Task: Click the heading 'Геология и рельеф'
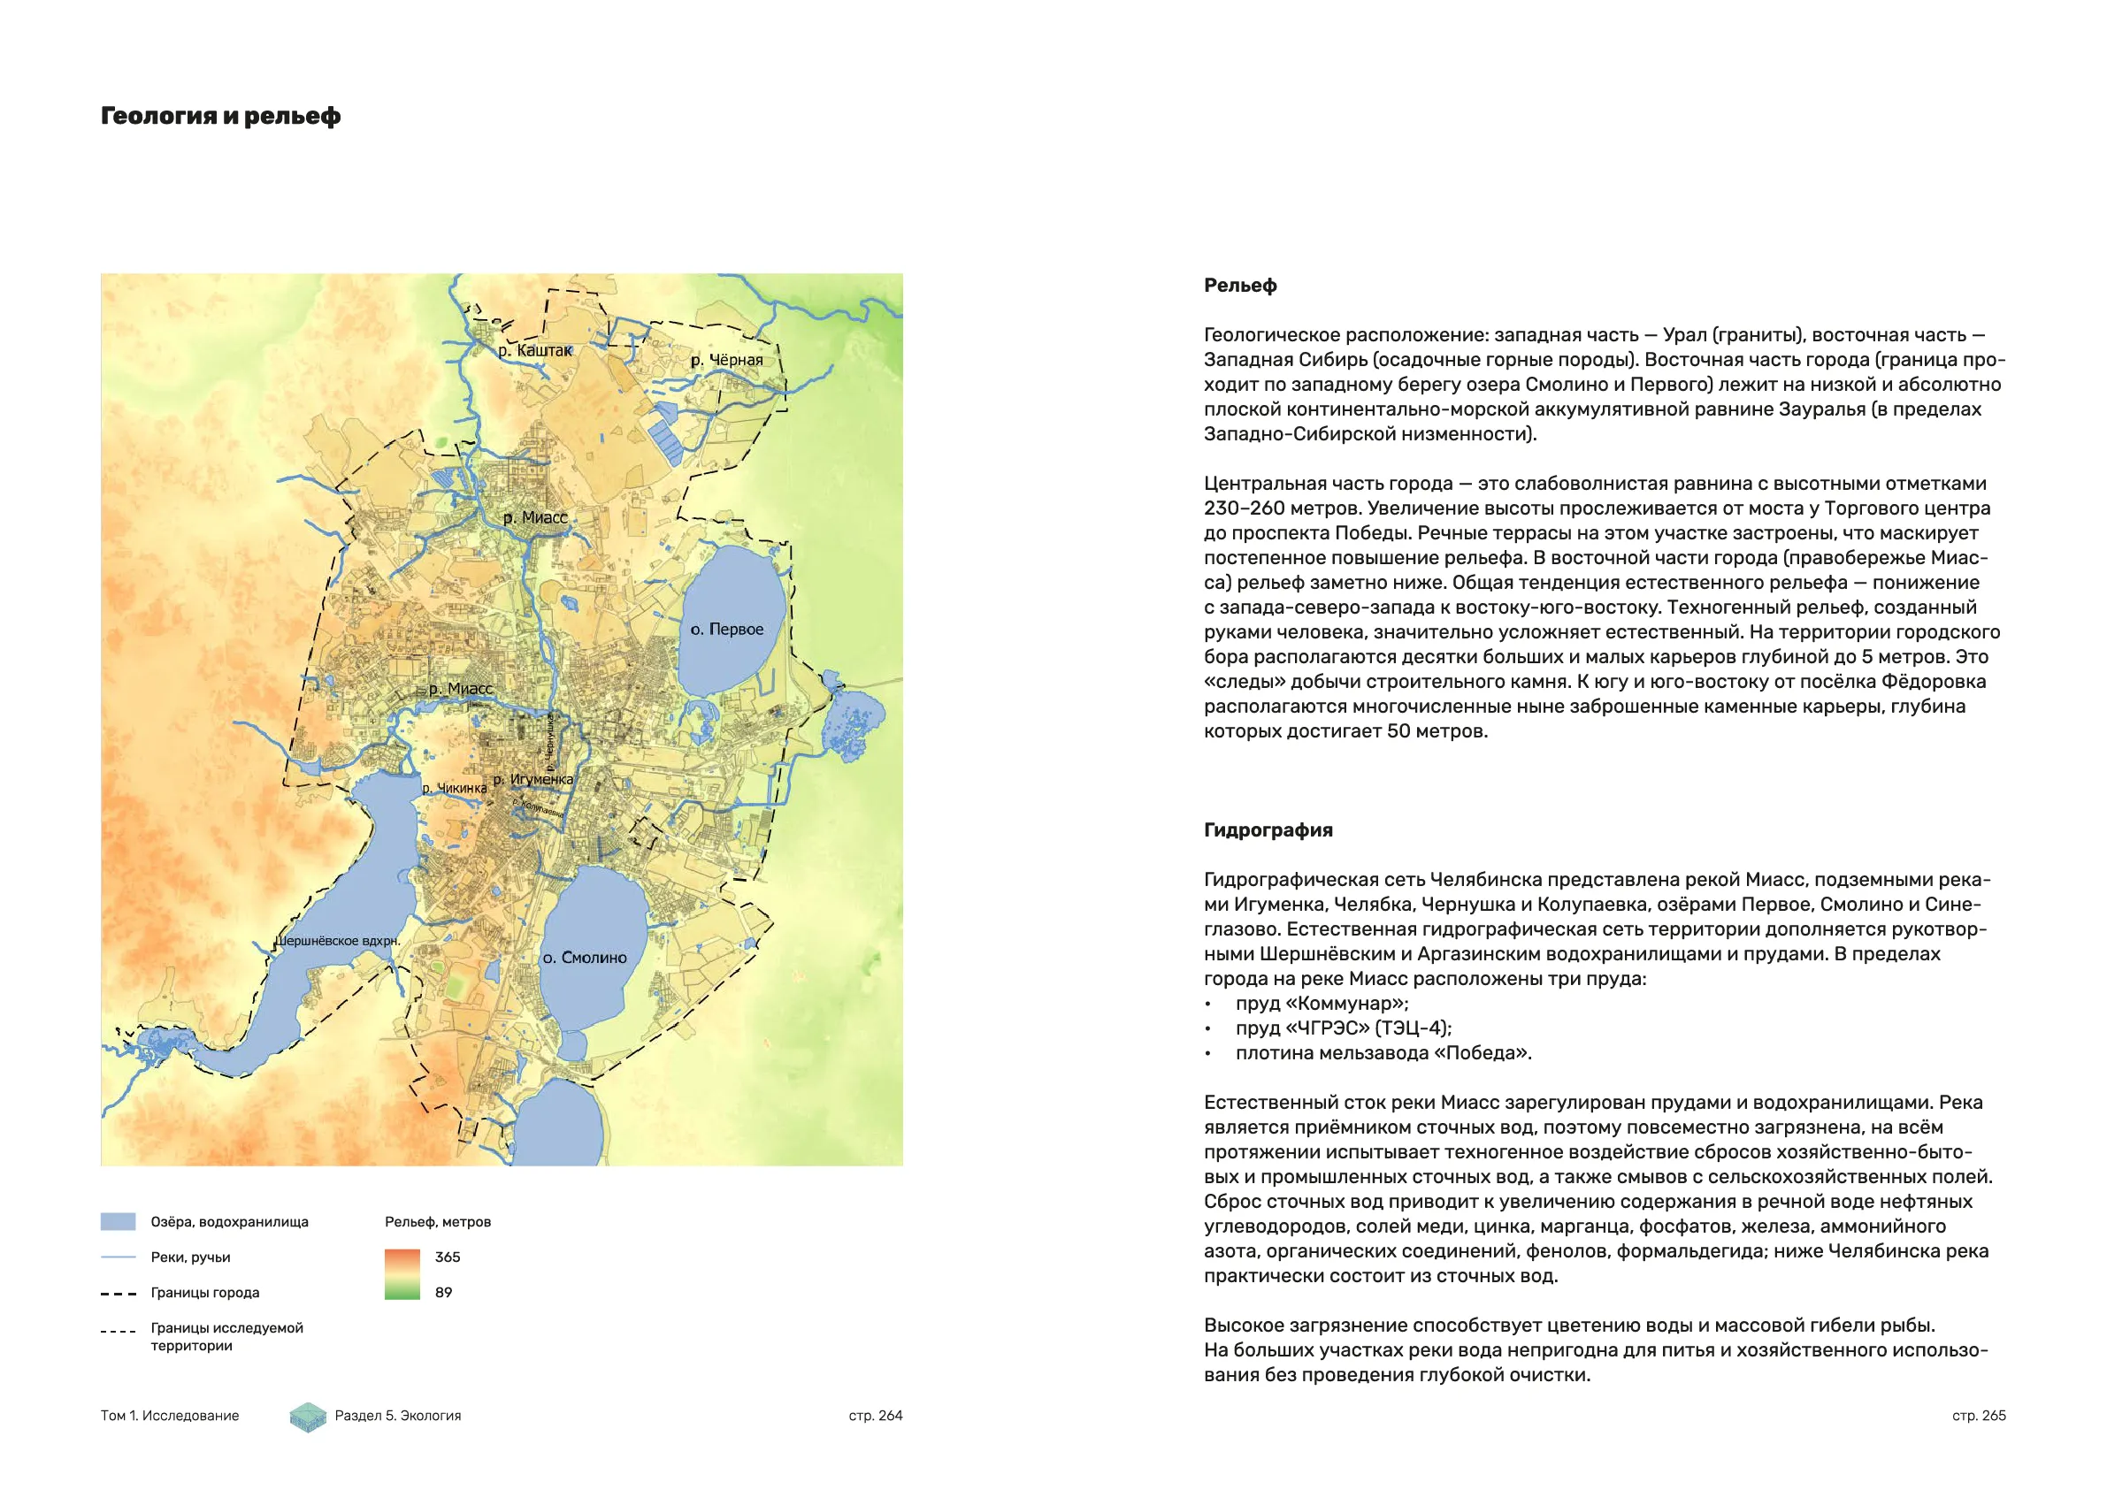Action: [220, 117]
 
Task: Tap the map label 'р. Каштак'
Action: [535, 350]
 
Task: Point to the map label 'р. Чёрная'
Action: [727, 360]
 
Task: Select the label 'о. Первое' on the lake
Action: [727, 630]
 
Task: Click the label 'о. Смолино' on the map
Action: [585, 958]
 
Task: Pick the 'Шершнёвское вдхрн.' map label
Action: [338, 942]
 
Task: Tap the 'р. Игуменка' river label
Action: [533, 780]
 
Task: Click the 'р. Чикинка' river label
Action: [455, 788]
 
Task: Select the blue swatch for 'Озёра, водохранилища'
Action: [118, 1222]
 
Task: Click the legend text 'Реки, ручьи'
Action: [190, 1257]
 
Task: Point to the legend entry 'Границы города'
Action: [204, 1293]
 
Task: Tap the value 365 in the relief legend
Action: [448, 1257]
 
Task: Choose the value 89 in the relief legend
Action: [444, 1293]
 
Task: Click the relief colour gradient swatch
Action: [402, 1274]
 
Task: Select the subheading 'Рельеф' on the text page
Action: [1240, 286]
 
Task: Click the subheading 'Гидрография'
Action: [1268, 830]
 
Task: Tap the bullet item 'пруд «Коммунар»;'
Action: [1322, 1004]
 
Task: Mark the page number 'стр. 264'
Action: [876, 1416]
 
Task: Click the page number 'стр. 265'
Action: [1979, 1416]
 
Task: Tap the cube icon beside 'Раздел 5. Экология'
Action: [309, 1417]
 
